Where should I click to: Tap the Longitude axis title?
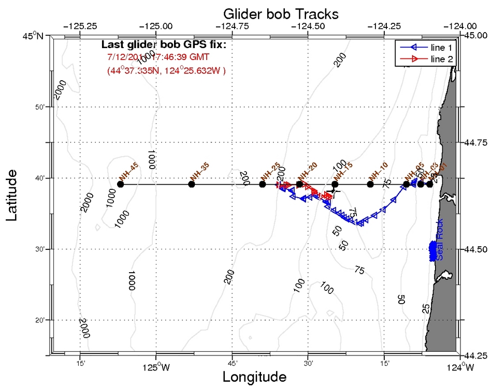click(x=254, y=377)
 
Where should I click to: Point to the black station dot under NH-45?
click(x=120, y=184)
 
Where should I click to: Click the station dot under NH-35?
click(x=192, y=184)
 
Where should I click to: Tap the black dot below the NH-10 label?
click(x=370, y=184)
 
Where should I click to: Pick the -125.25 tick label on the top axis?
click(x=80, y=25)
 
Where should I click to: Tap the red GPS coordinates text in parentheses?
click(x=166, y=70)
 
